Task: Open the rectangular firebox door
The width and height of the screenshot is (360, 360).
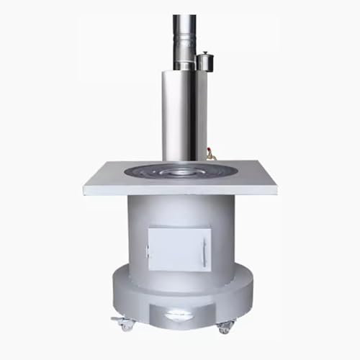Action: click(x=179, y=248)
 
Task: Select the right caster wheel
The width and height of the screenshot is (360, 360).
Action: click(x=224, y=326)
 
